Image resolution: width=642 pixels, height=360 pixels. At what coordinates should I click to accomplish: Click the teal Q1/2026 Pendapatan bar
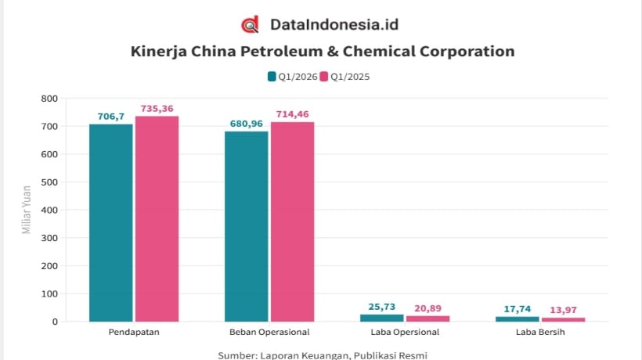111,223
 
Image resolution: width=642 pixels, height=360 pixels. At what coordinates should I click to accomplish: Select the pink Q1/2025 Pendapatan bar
157,219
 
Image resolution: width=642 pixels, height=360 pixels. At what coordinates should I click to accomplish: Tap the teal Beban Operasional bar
247,227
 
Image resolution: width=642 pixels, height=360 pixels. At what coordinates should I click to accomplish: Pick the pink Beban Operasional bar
292,221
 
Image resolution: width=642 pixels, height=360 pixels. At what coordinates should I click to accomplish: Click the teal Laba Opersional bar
382,318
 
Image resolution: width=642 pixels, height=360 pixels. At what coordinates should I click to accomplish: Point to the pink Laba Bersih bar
564,319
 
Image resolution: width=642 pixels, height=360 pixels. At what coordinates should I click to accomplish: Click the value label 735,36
157,109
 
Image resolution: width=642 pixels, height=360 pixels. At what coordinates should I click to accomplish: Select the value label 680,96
247,124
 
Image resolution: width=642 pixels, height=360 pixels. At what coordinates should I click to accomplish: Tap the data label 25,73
382,307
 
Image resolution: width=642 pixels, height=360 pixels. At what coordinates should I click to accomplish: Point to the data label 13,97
564,310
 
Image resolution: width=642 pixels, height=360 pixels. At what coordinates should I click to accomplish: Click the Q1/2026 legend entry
293,77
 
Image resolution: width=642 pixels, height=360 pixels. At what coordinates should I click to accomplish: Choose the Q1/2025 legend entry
344,77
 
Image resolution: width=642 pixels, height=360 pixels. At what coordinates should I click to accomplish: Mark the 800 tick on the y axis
49,99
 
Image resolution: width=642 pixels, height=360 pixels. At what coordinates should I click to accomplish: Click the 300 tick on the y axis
49,238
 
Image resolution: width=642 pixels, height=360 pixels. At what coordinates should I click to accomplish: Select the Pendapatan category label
134,332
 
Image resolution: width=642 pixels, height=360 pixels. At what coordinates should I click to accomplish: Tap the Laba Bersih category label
540,332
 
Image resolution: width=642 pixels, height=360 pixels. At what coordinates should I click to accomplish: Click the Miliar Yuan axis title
27,210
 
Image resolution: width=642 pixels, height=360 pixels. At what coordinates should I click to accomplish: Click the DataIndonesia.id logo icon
250,24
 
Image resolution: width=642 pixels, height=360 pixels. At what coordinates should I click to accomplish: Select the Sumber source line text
323,355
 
